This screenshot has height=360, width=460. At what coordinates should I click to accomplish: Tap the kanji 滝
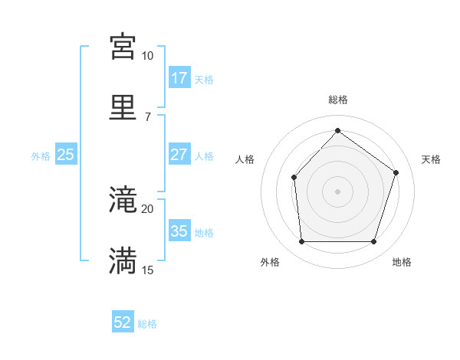pyautogui.click(x=123, y=200)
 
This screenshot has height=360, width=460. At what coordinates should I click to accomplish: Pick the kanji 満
pyautogui.click(x=123, y=260)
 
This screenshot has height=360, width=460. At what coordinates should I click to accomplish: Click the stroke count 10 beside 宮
pyautogui.click(x=147, y=56)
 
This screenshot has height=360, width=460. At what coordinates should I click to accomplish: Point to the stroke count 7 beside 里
pyautogui.click(x=147, y=116)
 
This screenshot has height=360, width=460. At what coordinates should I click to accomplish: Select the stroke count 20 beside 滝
pyautogui.click(x=147, y=209)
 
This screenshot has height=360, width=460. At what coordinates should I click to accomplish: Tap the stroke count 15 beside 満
pyautogui.click(x=147, y=270)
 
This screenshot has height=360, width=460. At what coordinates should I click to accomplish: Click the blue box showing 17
pyautogui.click(x=179, y=77)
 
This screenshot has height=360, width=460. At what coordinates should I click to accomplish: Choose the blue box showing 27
pyautogui.click(x=179, y=154)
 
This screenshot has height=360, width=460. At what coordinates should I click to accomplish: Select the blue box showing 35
pyautogui.click(x=179, y=231)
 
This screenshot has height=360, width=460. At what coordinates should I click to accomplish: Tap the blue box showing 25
pyautogui.click(x=66, y=154)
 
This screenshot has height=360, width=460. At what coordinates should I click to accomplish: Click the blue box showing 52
pyautogui.click(x=123, y=322)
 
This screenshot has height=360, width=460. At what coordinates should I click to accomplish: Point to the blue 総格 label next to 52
pyautogui.click(x=147, y=324)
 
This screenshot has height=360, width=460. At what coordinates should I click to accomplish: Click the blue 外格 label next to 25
pyautogui.click(x=41, y=155)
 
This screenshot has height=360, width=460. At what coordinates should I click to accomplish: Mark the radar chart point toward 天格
pyautogui.click(x=396, y=172)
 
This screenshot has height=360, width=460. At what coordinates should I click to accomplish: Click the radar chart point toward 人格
pyautogui.click(x=294, y=178)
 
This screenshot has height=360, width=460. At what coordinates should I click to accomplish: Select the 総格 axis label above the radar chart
pyautogui.click(x=338, y=100)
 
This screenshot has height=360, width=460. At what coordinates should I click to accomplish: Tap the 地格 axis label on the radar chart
pyautogui.click(x=402, y=262)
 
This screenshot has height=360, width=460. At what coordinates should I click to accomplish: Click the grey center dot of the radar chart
pyautogui.click(x=338, y=191)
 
